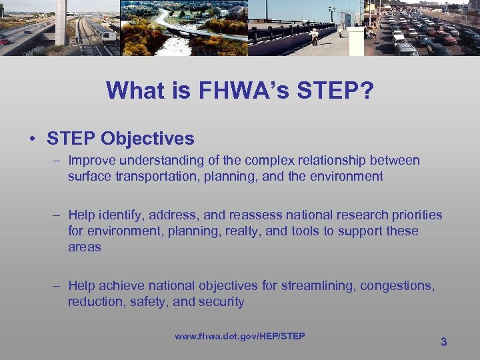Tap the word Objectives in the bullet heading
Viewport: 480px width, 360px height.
pos(147,139)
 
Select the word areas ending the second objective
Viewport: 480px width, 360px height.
pos(84,247)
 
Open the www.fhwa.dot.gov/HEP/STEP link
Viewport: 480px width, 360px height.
pos(240,336)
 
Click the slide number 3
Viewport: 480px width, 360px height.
pos(443,342)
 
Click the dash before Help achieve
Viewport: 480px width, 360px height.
pos(59,286)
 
